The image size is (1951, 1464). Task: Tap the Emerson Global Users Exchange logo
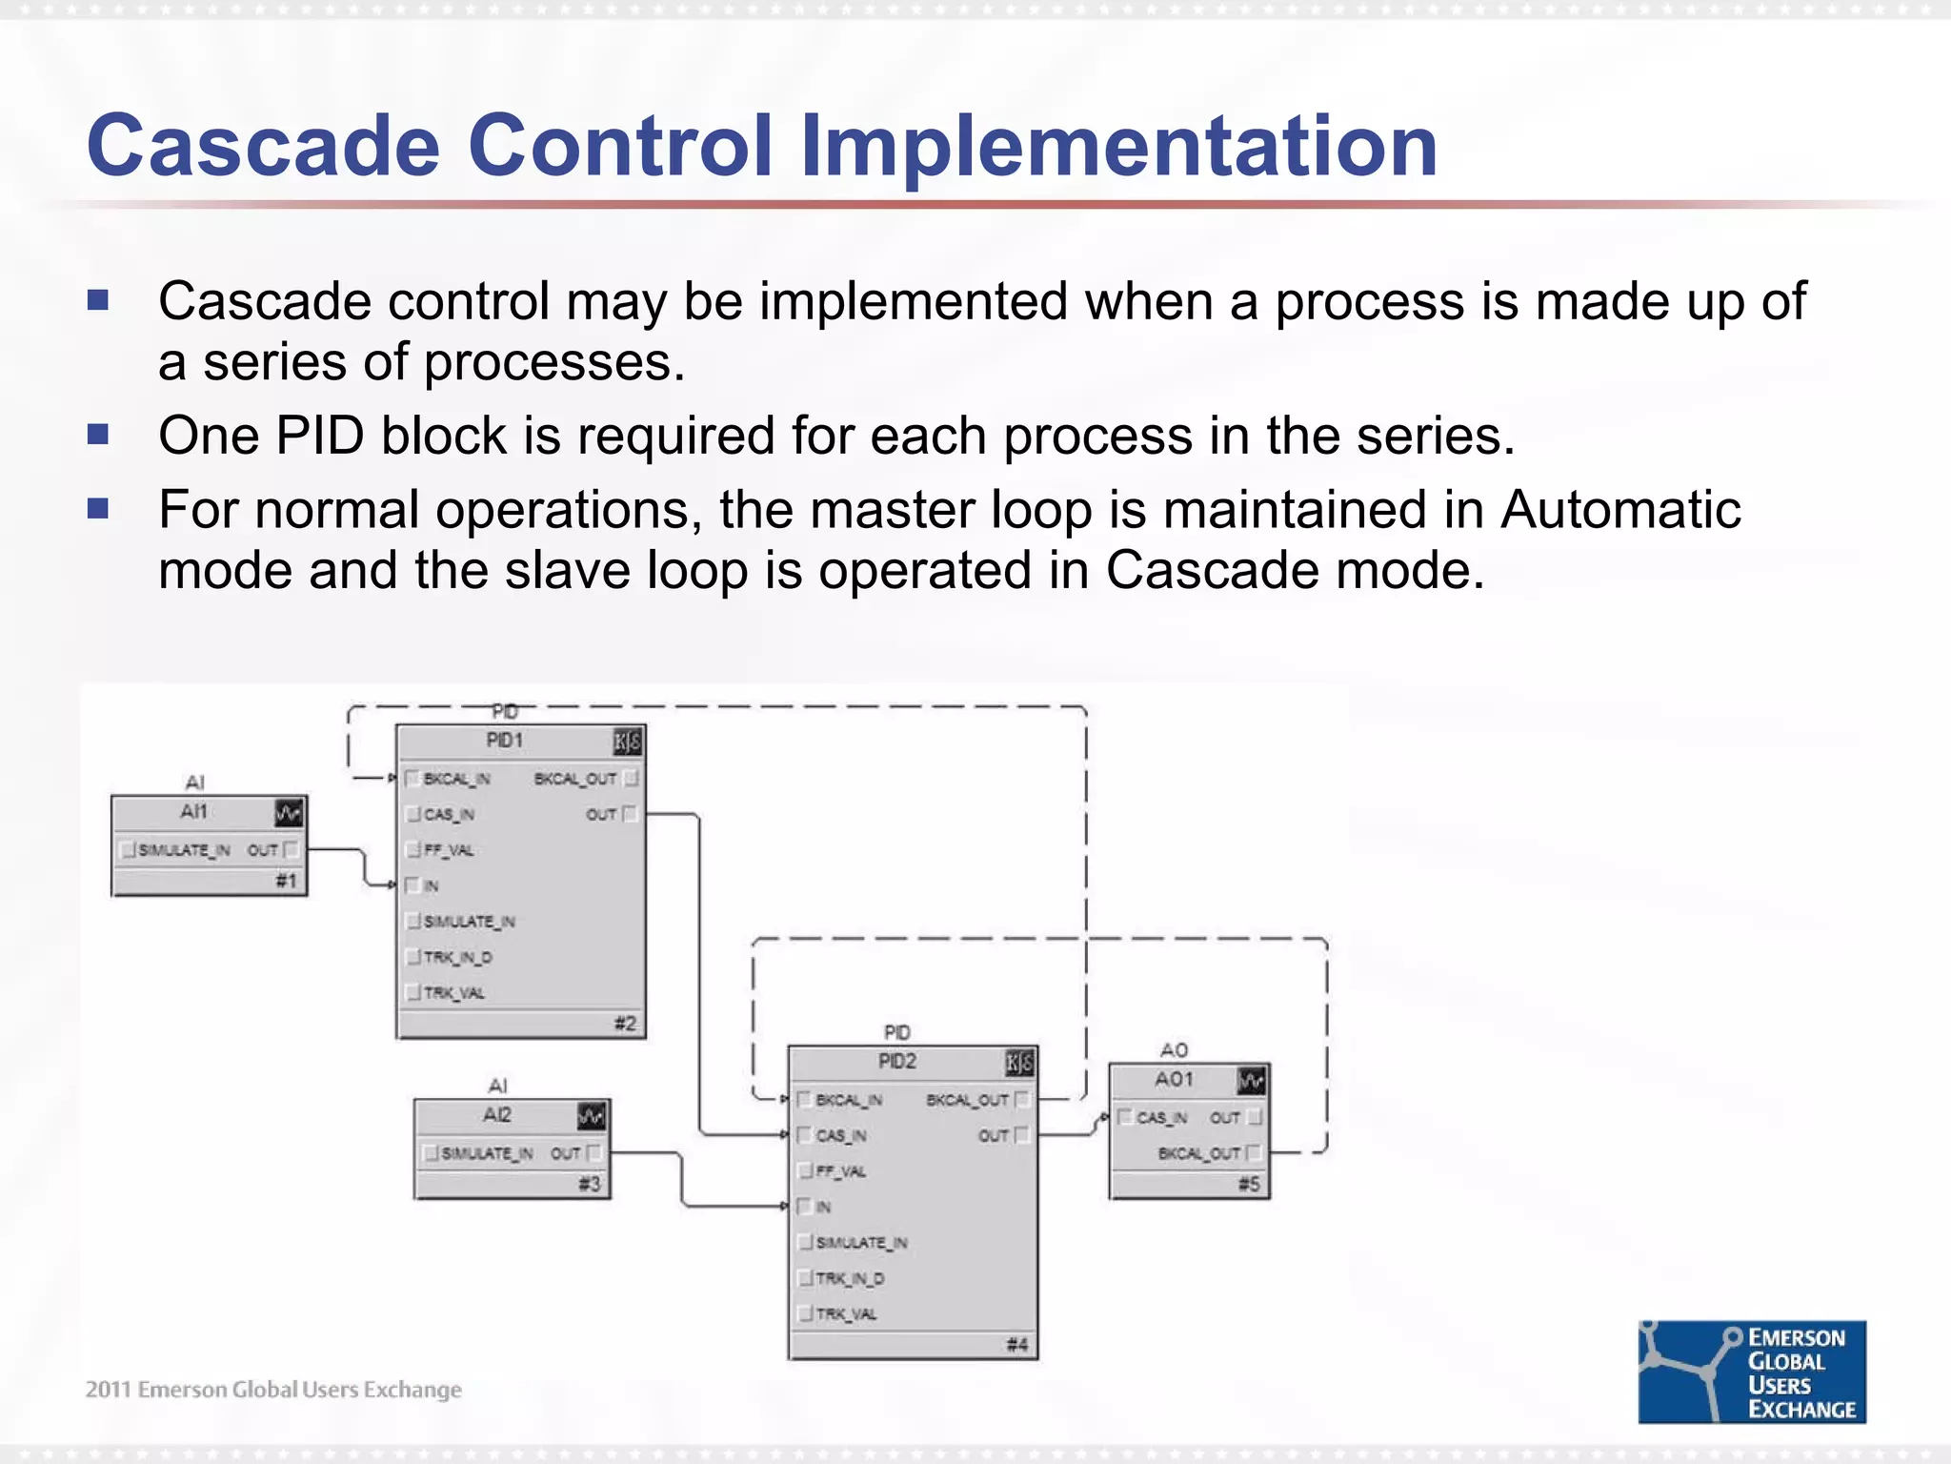(1751, 1372)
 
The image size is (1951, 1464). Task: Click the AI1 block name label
(193, 811)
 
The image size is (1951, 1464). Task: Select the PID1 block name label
(504, 741)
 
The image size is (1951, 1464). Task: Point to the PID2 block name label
(896, 1062)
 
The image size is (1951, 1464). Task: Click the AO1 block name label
(1174, 1079)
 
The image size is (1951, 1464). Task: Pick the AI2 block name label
(496, 1115)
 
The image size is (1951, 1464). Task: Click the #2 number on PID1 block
(625, 1024)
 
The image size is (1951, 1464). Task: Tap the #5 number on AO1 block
(1249, 1184)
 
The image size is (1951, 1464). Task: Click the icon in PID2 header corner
(1018, 1063)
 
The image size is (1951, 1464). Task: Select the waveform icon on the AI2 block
(592, 1116)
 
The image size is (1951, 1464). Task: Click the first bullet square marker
(98, 301)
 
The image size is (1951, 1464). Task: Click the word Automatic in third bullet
(1620, 509)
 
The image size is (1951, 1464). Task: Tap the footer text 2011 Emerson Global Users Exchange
(273, 1390)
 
